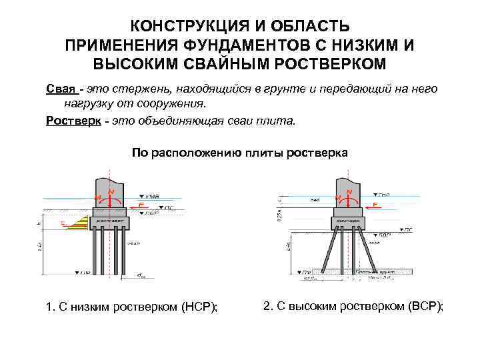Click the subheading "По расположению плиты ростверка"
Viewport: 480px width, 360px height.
[239, 153]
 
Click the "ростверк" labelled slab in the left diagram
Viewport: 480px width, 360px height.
[111, 219]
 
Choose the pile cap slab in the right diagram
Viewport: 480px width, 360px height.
[347, 219]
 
